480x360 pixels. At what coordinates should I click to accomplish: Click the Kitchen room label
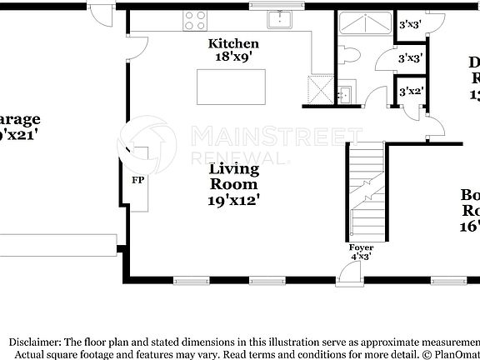pyautogui.click(x=233, y=43)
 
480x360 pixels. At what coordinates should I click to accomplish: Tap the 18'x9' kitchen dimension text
pyautogui.click(x=233, y=57)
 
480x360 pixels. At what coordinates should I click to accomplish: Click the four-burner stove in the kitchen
pyautogui.click(x=197, y=21)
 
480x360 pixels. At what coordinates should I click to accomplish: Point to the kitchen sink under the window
pyautogui.click(x=278, y=20)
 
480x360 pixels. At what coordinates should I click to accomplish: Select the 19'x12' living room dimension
pyautogui.click(x=233, y=200)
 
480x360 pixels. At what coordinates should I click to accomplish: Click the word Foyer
pyautogui.click(x=362, y=247)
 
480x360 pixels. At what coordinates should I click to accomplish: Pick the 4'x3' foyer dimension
pyautogui.click(x=362, y=257)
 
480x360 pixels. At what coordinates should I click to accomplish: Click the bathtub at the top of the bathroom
pyautogui.click(x=365, y=24)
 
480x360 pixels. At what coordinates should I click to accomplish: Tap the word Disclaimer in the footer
pyautogui.click(x=33, y=342)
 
